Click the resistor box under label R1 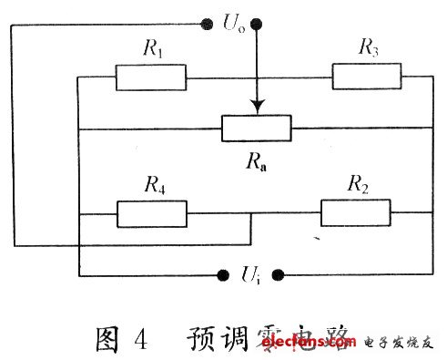pos(151,77)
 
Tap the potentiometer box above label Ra pos(257,129)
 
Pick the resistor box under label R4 pos(152,213)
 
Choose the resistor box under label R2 pos(356,213)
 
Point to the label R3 pos(369,48)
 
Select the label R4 pos(154,186)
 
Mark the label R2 pos(358,186)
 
